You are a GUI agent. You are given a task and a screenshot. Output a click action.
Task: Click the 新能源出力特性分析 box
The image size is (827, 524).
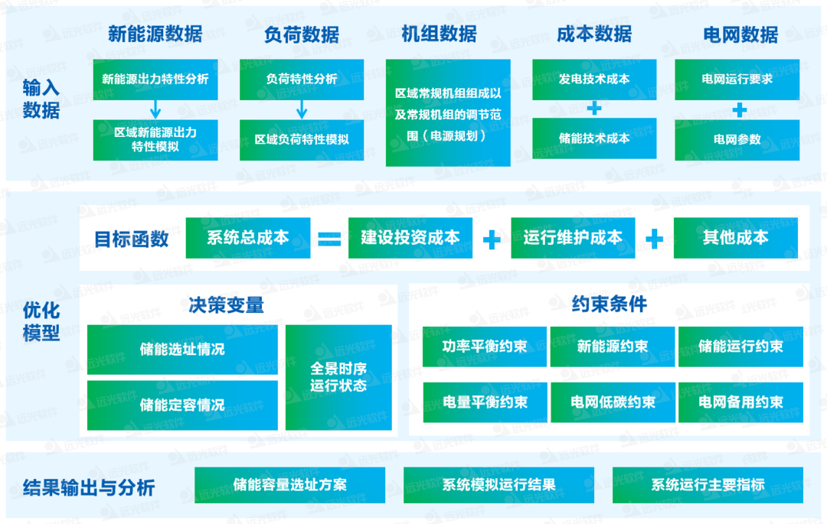pyautogui.click(x=155, y=79)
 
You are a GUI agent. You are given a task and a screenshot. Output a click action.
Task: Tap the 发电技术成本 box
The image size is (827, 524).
pyautogui.click(x=594, y=79)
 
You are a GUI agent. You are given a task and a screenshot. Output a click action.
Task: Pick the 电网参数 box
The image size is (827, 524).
pyautogui.click(x=737, y=140)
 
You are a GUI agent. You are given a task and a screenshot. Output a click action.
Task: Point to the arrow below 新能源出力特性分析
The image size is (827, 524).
pyautogui.click(x=155, y=109)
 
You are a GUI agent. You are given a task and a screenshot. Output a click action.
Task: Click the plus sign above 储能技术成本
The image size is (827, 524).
pyautogui.click(x=594, y=109)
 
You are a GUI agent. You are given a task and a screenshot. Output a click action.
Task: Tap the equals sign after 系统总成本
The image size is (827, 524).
pyautogui.click(x=329, y=239)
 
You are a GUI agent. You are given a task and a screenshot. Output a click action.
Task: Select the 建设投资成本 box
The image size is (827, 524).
pyautogui.click(x=410, y=238)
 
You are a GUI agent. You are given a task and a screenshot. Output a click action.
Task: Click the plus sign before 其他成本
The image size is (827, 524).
pyautogui.click(x=654, y=239)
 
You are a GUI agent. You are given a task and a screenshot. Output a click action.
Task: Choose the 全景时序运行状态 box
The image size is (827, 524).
pyautogui.click(x=338, y=377)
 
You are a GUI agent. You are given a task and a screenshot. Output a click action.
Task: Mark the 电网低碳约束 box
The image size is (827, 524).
pyautogui.click(x=613, y=402)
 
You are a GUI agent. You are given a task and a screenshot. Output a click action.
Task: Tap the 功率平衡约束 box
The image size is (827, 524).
pyautogui.click(x=485, y=347)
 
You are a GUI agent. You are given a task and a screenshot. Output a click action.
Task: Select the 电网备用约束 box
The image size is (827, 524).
pyautogui.click(x=740, y=402)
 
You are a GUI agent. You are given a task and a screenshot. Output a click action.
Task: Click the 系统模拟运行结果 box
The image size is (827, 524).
pyautogui.click(x=498, y=485)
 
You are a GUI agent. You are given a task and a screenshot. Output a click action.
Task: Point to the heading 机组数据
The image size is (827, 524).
pyautogui.click(x=439, y=34)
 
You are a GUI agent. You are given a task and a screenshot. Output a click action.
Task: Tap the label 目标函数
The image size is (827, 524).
pyautogui.click(x=131, y=239)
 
